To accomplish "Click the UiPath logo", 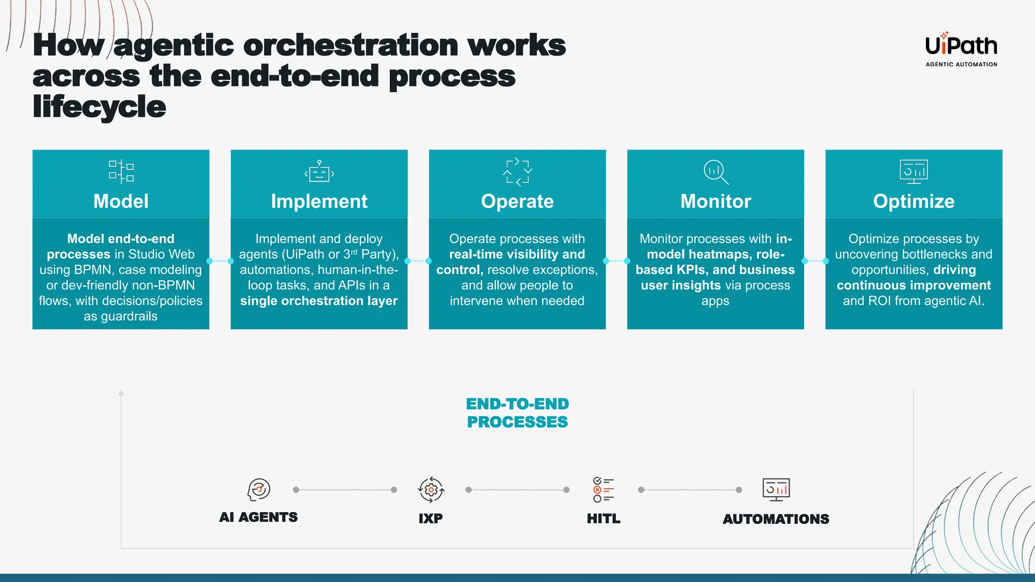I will coord(961,45).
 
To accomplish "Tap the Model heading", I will coord(121,201).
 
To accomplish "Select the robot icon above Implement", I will coord(319,172).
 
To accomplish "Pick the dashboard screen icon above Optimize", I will coord(914,171).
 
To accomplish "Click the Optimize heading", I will coord(914,201).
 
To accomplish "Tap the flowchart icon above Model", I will coord(121,172).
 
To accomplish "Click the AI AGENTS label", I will coord(258,517).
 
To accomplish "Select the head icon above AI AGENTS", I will coord(259,489).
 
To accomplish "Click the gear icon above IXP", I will coord(431,490).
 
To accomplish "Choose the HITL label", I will coord(603,518).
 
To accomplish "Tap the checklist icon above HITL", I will coord(603,490).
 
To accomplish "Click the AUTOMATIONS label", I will coord(776,519).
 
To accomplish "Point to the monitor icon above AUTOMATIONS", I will coord(776,490).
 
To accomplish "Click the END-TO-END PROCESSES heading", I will coord(517,413).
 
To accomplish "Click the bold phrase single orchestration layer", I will coord(319,301).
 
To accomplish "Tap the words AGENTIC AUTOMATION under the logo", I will coord(961,65).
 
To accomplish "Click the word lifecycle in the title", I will coord(99,107).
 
